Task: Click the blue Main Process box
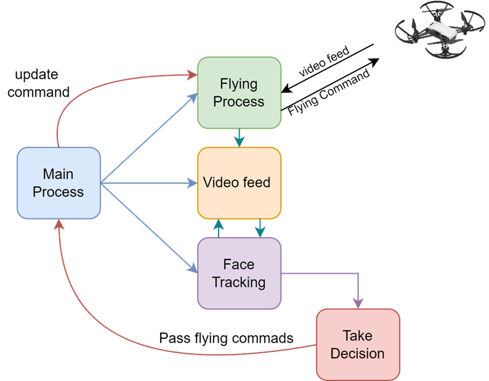[59, 182]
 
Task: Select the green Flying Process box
[239, 92]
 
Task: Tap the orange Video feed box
[239, 182]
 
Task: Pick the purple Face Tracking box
[239, 273]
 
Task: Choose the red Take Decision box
[358, 344]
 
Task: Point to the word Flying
[239, 84]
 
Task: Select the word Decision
[358, 353]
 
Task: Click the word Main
[59, 174]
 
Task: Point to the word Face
[239, 264]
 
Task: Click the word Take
[358, 335]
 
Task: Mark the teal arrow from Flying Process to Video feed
[239, 137]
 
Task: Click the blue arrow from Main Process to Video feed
[148, 183]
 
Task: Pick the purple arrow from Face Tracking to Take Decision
[333, 272]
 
